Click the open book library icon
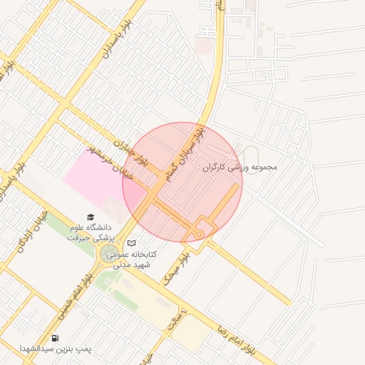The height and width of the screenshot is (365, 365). click(x=130, y=243)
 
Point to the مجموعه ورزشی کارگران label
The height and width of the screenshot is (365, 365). click(x=239, y=168)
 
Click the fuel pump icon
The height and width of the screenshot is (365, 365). click(x=56, y=337)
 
